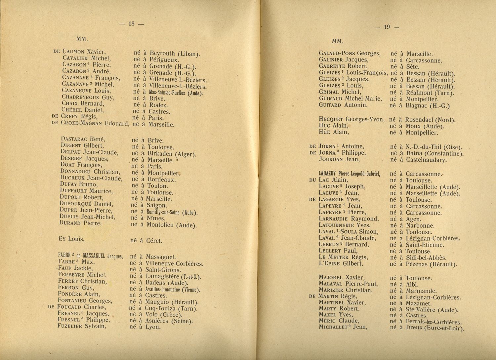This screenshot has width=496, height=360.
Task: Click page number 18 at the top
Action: tap(132, 23)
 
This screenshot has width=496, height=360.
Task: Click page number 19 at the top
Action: tap(387, 27)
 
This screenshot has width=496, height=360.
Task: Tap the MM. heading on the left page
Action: tap(82, 39)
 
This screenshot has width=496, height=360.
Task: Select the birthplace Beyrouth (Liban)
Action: tap(175, 54)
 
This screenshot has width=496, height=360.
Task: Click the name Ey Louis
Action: tap(71, 238)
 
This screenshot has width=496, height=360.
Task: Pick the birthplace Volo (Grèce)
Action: tap(164, 314)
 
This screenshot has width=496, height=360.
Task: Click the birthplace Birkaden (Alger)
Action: tap(172, 154)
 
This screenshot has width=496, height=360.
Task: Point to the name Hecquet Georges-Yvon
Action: tap(351, 119)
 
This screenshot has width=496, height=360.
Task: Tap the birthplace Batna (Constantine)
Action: tap(435, 153)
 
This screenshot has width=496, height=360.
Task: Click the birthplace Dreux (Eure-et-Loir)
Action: tap(435, 328)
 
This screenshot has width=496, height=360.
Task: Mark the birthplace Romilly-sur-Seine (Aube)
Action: tap(172, 212)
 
